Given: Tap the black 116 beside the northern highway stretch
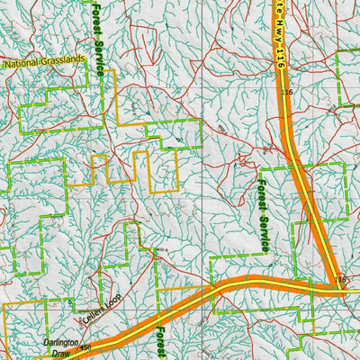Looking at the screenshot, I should [287, 93].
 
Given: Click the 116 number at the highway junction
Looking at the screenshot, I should [340, 282].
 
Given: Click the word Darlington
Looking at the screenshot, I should [60, 343].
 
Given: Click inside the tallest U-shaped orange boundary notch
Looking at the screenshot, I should [141, 170].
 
